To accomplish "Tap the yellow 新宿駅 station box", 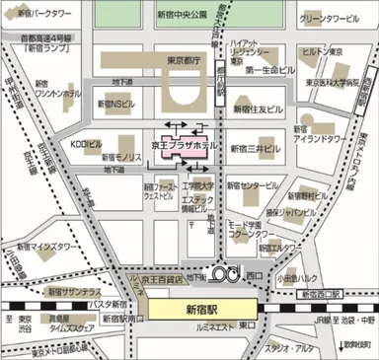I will click(200, 309).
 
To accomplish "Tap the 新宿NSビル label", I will click(115, 102).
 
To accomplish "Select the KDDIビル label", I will click(86, 144).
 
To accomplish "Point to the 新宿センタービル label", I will click(255, 184).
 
